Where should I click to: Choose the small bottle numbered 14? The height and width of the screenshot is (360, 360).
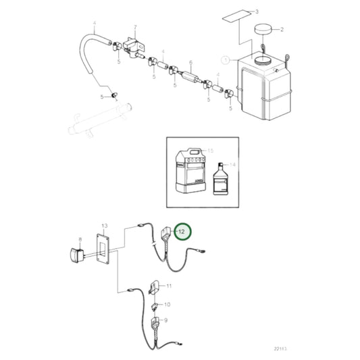(x=221, y=182)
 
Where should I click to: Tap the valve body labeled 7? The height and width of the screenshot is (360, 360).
(x=134, y=46)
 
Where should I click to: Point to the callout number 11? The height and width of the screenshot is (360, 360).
(x=170, y=286)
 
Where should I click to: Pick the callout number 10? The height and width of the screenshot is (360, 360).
(x=168, y=305)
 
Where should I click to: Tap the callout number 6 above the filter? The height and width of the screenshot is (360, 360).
(x=191, y=61)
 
